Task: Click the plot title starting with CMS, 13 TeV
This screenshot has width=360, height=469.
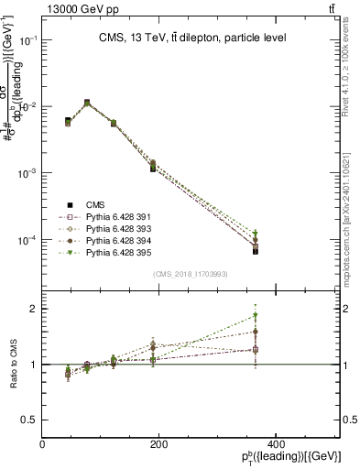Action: pos(191,38)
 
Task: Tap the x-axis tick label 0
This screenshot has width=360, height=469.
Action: pos(43,444)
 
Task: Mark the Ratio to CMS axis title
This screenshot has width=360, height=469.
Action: pos(12,365)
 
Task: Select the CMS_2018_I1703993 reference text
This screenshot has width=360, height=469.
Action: pos(191,274)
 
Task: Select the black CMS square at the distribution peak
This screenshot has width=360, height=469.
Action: pos(87,103)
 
